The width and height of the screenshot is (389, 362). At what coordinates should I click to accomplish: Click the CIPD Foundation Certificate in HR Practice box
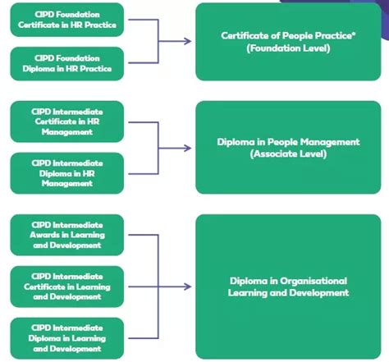pos(66,20)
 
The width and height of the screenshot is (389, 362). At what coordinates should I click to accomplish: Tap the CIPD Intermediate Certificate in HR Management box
pos(66,121)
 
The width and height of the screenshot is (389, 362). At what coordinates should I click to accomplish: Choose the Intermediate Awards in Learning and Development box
pos(66,234)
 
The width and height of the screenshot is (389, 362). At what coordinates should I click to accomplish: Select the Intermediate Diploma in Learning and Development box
pos(66,337)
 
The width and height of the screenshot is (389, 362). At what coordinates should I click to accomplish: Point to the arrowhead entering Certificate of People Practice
pos(189,41)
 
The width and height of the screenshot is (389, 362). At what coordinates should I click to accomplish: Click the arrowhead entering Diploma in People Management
pos(189,148)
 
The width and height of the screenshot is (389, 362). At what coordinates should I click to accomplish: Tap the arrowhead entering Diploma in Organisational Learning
pos(189,286)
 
